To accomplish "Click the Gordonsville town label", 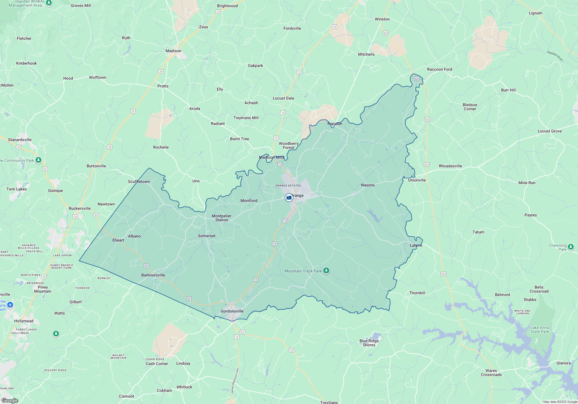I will pos(232,311).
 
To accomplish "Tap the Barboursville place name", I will pos(153,275).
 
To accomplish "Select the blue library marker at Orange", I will pos(289,198).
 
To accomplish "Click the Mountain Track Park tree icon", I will pos(326,271).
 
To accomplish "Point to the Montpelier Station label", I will pos(222,218).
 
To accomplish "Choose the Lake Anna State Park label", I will pos(540,330).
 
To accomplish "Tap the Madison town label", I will pos(173,51).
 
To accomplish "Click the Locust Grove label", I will pos(550,131).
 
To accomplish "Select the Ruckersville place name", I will pos(80,208).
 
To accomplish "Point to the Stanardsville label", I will pos(20,140).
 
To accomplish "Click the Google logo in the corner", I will pos(10,401).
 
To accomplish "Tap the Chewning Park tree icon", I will pos(570,247).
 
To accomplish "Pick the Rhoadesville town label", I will pos(450,166).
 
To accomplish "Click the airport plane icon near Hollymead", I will pos(10,305).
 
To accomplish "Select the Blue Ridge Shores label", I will pos(369,343).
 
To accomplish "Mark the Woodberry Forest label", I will pos(289,145).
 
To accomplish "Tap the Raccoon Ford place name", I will pos(440,69).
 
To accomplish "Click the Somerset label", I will pos(207,236).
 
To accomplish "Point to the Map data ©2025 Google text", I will pos(560,402).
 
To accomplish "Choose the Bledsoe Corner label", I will pos(470,107).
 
